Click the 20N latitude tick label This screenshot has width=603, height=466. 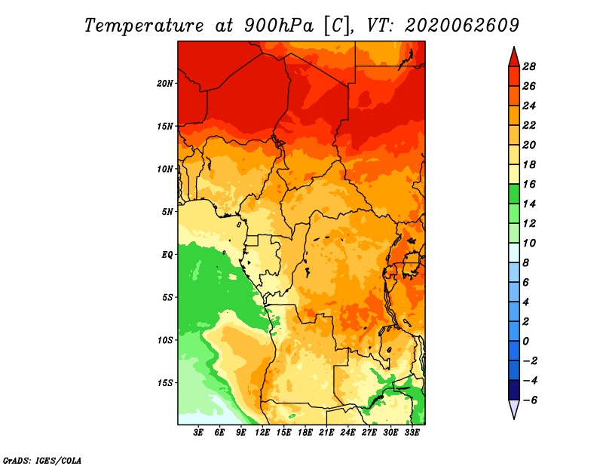click(x=165, y=83)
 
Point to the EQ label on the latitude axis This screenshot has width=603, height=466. click(x=167, y=254)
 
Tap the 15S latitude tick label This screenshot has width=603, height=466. click(x=165, y=382)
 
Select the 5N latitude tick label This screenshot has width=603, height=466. click(x=167, y=212)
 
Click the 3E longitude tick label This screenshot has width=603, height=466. click(x=199, y=433)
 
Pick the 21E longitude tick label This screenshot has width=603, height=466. click(x=326, y=433)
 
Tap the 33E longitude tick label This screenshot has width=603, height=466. click(x=412, y=433)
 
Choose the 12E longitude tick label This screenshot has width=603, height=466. click(x=262, y=433)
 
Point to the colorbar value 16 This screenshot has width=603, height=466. click(x=529, y=184)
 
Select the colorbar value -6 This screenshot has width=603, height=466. click(x=529, y=400)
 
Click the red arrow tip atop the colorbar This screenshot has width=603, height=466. click(x=513, y=54)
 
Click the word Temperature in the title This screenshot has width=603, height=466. click(x=142, y=25)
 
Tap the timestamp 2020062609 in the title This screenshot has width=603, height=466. click(x=461, y=25)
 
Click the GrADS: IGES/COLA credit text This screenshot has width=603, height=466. click(x=41, y=459)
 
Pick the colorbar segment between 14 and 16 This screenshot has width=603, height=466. click(x=513, y=194)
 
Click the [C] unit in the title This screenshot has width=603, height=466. click(x=337, y=25)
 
